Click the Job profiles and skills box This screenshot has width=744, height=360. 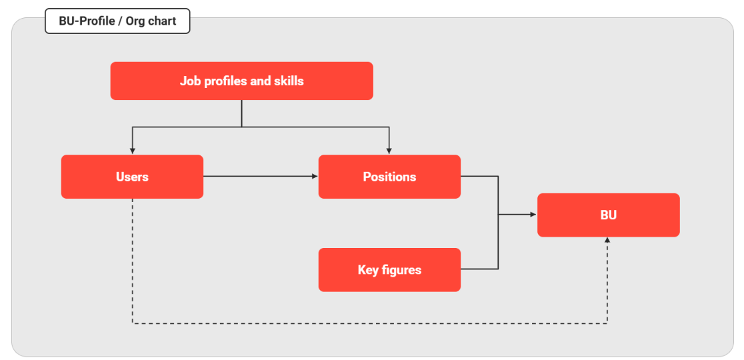coord(241,81)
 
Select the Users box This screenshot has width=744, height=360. coord(133,177)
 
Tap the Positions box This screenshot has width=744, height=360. coord(389,177)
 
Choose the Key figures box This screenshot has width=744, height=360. coord(389,270)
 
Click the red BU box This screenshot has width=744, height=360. coord(608,215)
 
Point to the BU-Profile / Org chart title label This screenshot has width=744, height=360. coord(117,21)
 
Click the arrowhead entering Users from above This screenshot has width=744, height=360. coord(133,151)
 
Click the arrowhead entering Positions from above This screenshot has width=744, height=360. coord(389,151)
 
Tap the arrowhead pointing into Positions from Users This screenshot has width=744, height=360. coord(315,177)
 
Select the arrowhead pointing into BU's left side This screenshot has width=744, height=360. coord(533,215)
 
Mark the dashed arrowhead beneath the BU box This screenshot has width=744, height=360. coord(607,241)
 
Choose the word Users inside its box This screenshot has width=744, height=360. coord(133,177)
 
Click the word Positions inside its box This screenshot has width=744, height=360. coord(389,177)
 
